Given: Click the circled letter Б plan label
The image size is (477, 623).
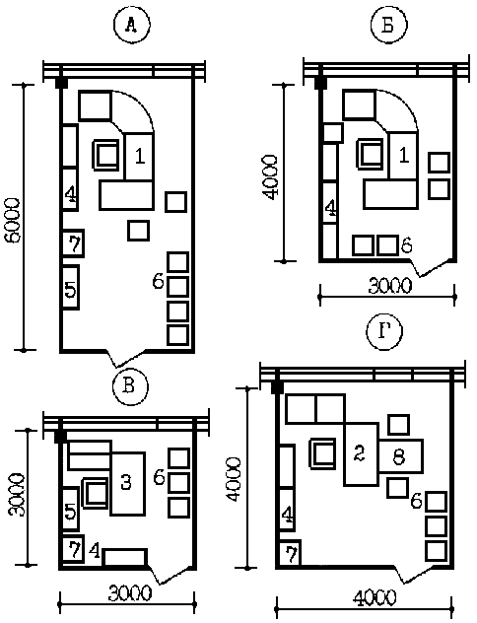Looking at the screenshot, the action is click(388, 25).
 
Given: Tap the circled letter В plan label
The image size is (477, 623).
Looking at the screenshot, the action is click(129, 387).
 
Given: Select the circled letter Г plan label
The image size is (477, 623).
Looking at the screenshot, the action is click(385, 332).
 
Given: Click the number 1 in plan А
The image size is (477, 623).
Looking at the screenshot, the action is click(139, 156).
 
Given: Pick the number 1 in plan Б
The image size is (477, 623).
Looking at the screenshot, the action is click(403, 155).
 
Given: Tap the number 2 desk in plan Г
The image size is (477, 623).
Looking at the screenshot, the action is click(361, 454).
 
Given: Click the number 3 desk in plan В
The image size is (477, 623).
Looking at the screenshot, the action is click(127, 484).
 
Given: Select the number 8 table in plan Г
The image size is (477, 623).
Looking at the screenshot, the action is click(400, 455).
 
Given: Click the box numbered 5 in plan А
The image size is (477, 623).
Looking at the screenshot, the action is click(71, 287).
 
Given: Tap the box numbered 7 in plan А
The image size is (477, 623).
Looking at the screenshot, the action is click(74, 243).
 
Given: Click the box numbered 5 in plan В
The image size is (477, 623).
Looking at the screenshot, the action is click(71, 510).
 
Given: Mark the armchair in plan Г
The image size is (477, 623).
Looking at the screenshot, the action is click(322, 453).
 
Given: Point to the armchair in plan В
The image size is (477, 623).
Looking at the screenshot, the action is click(96, 493).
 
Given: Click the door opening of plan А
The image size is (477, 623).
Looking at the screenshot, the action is click(128, 359).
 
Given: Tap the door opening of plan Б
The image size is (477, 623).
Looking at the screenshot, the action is click(432, 268).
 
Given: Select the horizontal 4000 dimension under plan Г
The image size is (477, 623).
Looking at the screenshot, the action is click(365, 608).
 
